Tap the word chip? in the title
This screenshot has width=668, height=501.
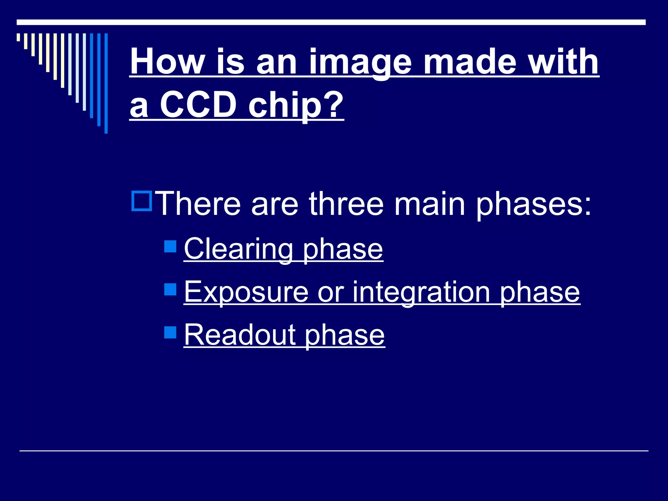point(296,105)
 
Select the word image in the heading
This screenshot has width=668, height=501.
point(360,62)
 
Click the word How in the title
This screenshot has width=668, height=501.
point(168,62)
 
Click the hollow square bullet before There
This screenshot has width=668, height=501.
point(142,201)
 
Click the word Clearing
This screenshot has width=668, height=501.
point(238,249)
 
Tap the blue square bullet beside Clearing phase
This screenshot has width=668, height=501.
point(170,246)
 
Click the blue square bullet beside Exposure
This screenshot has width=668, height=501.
point(170,289)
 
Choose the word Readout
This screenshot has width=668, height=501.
point(240,335)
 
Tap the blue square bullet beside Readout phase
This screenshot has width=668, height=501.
point(170,332)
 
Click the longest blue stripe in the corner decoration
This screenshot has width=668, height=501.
point(106,83)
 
